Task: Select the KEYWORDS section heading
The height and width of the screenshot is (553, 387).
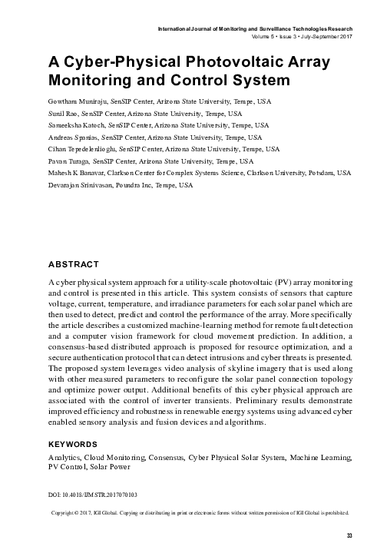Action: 72,445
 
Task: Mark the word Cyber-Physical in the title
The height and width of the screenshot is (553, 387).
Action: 108,62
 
